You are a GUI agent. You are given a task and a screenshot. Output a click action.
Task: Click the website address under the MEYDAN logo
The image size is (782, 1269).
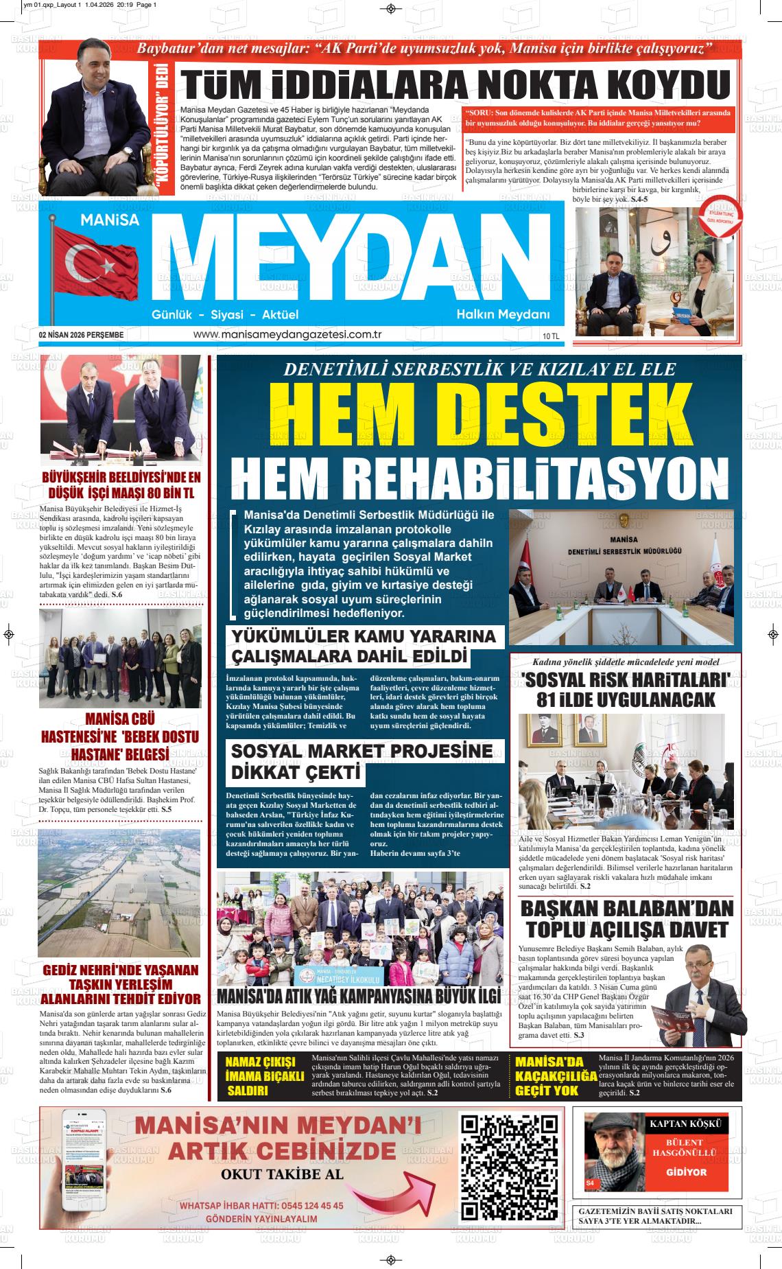(287, 334)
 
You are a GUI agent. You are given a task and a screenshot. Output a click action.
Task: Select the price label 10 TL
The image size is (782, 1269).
(551, 336)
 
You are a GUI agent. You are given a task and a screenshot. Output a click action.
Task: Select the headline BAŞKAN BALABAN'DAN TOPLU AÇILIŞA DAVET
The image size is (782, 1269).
(626, 919)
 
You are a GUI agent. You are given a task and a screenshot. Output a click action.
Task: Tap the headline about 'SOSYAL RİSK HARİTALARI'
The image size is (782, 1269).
(626, 690)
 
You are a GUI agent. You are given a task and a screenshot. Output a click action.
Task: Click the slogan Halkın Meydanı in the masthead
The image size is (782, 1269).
(503, 314)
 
